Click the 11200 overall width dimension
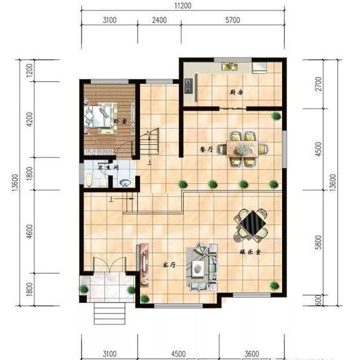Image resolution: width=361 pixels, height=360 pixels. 180,6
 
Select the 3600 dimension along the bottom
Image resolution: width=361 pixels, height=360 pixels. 252,354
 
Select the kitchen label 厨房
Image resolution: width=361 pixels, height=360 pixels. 236,92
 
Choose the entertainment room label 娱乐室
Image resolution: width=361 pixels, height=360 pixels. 246,253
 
